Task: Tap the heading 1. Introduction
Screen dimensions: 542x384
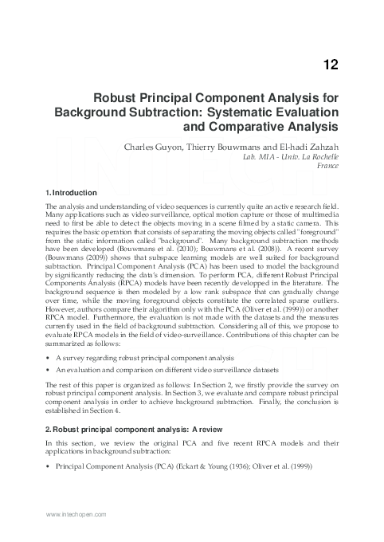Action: coord(72,193)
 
